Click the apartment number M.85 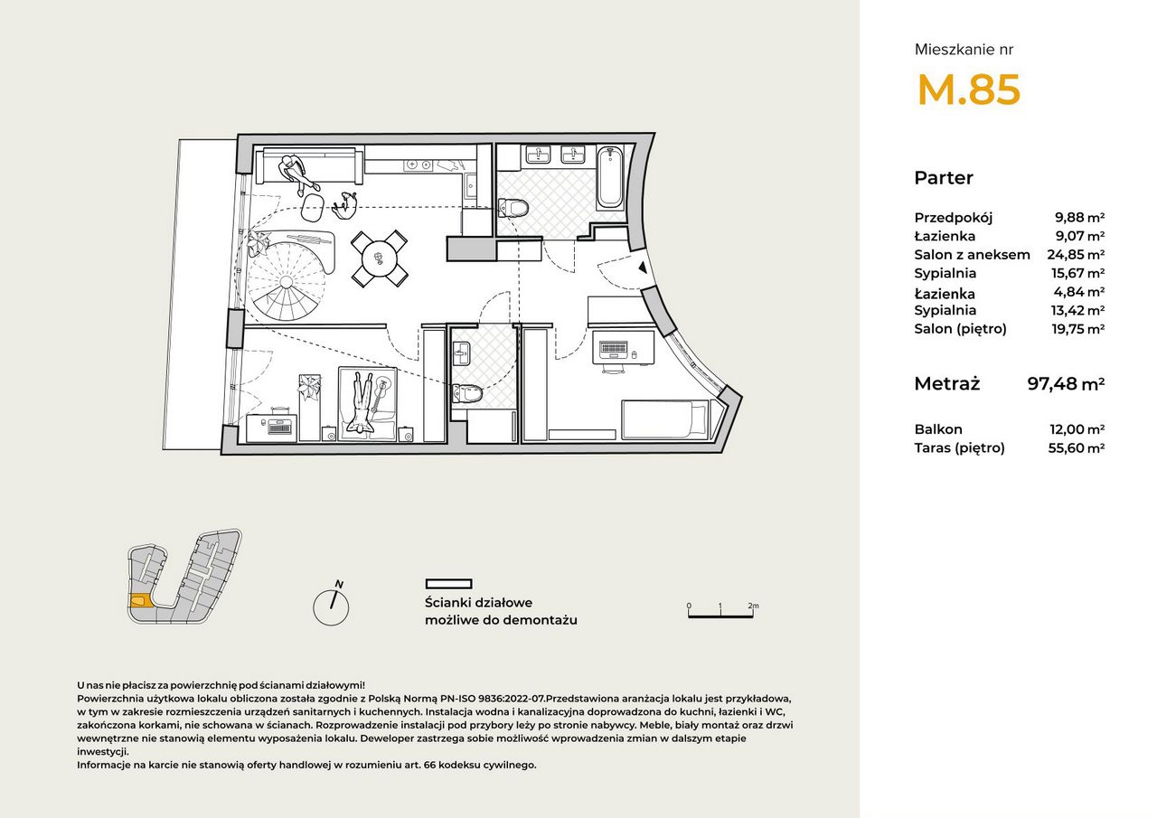coord(968,89)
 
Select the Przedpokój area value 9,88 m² coord(1079,218)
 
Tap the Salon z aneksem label coord(972,255)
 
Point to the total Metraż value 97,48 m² coord(1066,384)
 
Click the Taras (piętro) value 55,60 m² coord(1076,447)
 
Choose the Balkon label coord(938,429)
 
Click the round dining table coord(380,259)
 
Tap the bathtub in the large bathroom coord(610,177)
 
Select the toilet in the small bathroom coord(467,394)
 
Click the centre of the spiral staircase coord(287,281)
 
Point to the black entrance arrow coord(643,268)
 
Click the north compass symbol coord(331,606)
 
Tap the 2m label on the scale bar coord(753,606)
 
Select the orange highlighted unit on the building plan coord(139,602)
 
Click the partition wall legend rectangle coord(448,584)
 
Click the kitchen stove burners coord(419,165)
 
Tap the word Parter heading coord(944,178)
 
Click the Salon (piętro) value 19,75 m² coord(1078,329)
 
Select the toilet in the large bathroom coord(513,208)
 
